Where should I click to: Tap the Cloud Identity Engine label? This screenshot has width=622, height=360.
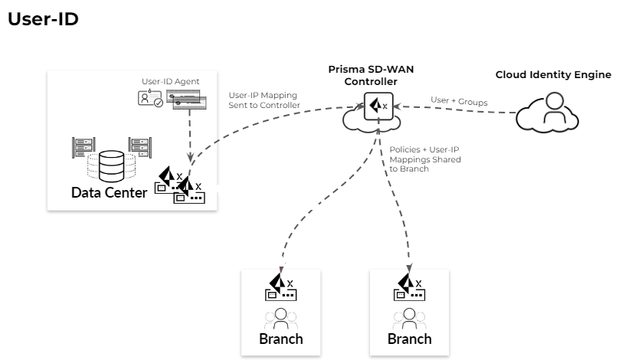(553, 74)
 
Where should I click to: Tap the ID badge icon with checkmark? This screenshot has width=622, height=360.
(150, 99)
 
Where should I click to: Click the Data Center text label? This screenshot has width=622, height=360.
(108, 192)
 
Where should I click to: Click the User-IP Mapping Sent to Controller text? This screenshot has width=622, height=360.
(264, 100)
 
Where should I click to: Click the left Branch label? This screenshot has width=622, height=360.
(281, 339)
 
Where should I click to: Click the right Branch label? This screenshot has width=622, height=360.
(409, 339)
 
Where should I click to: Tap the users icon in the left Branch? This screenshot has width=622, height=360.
(281, 316)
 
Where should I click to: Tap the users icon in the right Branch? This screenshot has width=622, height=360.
(409, 316)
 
